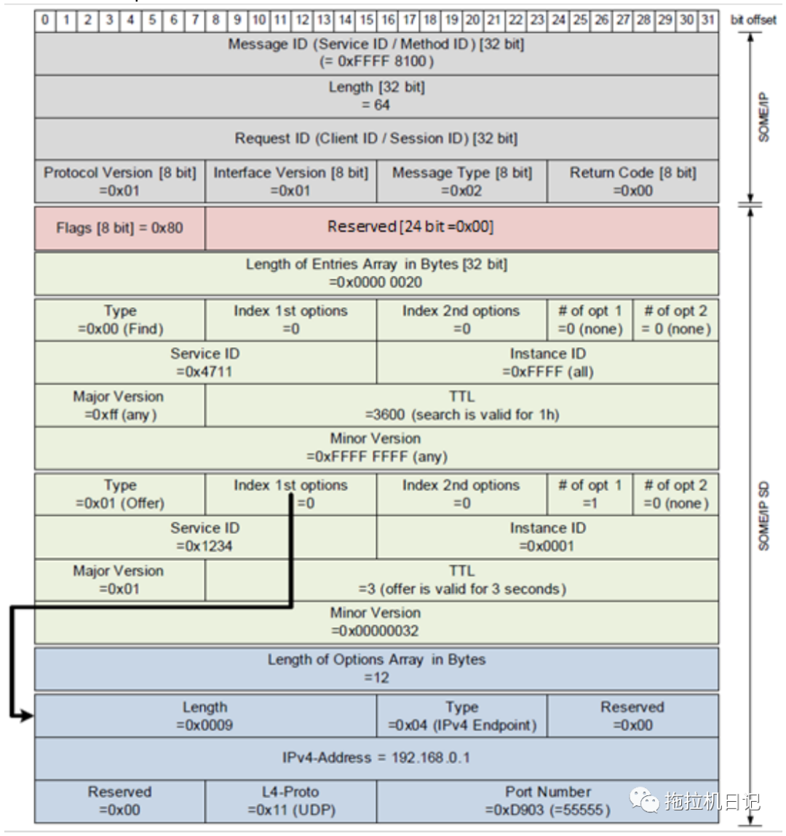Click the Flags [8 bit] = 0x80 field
tap(119, 228)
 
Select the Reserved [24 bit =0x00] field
tap(461, 228)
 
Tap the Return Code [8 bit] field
tap(632, 182)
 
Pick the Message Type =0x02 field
tap(461, 182)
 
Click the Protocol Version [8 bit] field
tap(119, 182)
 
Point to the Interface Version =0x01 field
tap(290, 182)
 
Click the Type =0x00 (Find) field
tap(119, 320)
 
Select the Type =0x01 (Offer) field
tap(119, 495)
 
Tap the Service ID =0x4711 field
tap(205, 362)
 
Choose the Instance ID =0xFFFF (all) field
tap(547, 362)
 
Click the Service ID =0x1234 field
tap(205, 537)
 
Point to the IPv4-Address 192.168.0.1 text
tap(376, 758)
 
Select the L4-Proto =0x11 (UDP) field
tap(290, 801)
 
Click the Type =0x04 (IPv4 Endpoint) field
tap(461, 716)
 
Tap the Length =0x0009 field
tap(205, 716)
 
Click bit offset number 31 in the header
tap(707, 20)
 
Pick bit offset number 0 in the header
tap(45, 20)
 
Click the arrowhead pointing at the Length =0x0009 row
tap(27, 717)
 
